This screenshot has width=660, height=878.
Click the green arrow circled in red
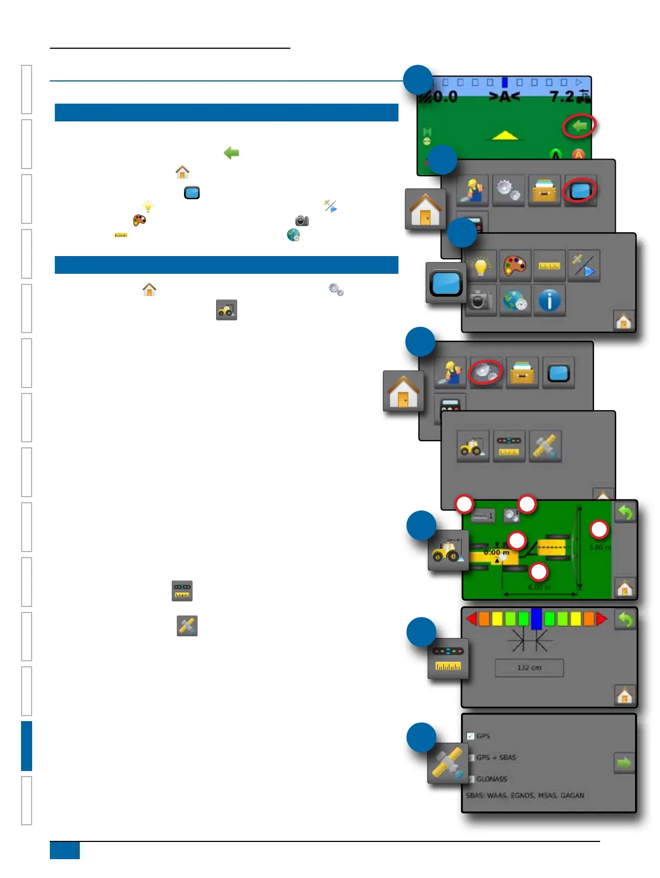pyautogui.click(x=580, y=126)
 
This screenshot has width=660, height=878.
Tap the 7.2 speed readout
pyautogui.click(x=562, y=97)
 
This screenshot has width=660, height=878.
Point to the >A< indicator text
pyautogui.click(x=504, y=97)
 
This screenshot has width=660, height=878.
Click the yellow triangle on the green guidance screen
pyautogui.click(x=505, y=135)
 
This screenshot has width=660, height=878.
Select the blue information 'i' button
pyautogui.click(x=549, y=301)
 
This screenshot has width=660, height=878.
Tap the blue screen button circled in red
pyautogui.click(x=580, y=191)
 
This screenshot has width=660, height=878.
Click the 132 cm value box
pyautogui.click(x=529, y=668)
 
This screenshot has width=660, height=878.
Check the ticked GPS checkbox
pyautogui.click(x=470, y=736)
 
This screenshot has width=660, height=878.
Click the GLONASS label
pyautogui.click(x=492, y=779)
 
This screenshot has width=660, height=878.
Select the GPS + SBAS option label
pyautogui.click(x=496, y=757)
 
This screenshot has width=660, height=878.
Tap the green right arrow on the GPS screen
pyautogui.click(x=624, y=763)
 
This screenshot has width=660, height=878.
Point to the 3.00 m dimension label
pyautogui.click(x=600, y=548)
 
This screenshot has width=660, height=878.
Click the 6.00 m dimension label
pyautogui.click(x=539, y=587)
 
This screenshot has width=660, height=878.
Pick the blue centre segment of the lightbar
pyautogui.click(x=536, y=619)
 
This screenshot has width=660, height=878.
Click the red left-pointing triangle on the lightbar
pyautogui.click(x=472, y=619)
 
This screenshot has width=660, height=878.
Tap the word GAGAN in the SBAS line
pyautogui.click(x=572, y=795)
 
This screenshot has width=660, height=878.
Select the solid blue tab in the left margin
pyautogui.click(x=27, y=746)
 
